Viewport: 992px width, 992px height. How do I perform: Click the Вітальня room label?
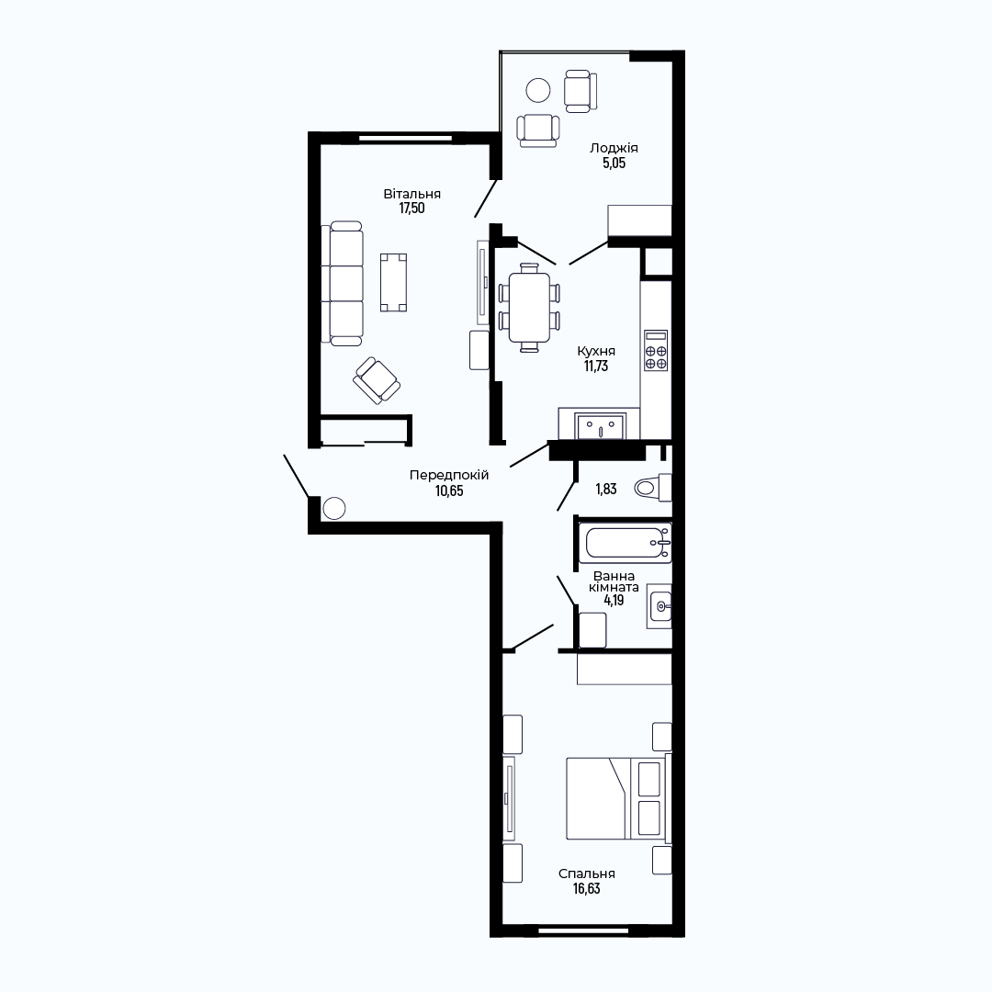point(411,194)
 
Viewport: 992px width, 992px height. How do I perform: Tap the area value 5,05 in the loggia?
point(614,163)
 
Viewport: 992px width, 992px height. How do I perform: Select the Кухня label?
point(596,351)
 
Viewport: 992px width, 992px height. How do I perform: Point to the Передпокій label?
point(449,475)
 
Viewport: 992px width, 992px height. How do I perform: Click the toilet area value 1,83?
point(605,489)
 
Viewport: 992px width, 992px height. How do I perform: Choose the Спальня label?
point(586,874)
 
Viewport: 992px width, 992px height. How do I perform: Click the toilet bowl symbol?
point(653,487)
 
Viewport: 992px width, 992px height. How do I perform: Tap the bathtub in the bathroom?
point(626,543)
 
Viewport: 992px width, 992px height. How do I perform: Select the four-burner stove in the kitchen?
point(656,350)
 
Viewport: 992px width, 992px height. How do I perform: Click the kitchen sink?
point(600,425)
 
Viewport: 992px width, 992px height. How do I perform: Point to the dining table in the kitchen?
point(529,308)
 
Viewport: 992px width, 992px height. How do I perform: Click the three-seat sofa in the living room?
point(343,283)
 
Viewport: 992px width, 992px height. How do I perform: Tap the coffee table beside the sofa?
point(393,282)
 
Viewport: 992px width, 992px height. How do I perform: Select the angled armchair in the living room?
point(377,380)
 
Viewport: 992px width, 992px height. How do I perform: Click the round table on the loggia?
point(538,90)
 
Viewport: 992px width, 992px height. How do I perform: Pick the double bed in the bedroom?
point(617,798)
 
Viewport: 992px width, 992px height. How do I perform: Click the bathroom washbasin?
point(659,606)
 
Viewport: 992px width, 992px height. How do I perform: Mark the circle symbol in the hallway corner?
point(334,508)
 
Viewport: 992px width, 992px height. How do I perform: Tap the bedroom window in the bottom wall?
point(583,930)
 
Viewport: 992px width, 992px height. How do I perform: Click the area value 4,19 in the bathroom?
point(614,600)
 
